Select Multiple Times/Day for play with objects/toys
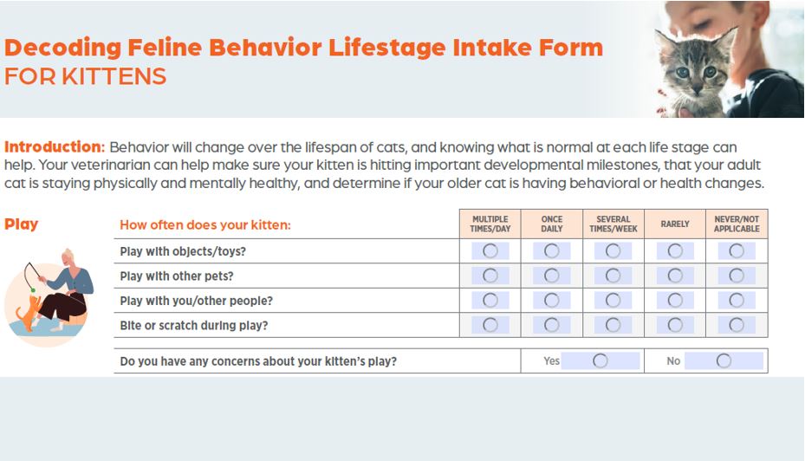(490, 251)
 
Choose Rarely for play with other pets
(675, 276)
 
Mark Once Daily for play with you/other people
(552, 301)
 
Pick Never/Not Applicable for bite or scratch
(737, 325)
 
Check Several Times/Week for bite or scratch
(613, 325)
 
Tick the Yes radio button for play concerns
(601, 360)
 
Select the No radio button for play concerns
(724, 360)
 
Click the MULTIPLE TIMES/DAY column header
(490, 224)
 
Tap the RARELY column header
(675, 224)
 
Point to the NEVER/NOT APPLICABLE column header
(737, 224)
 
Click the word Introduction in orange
(55, 146)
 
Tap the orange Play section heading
(21, 224)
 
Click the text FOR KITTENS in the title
(85, 76)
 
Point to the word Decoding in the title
(62, 48)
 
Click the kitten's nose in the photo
(698, 88)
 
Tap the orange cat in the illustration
(29, 313)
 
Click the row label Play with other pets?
(177, 276)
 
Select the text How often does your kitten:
(205, 224)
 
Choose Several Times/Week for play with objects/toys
(613, 251)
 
